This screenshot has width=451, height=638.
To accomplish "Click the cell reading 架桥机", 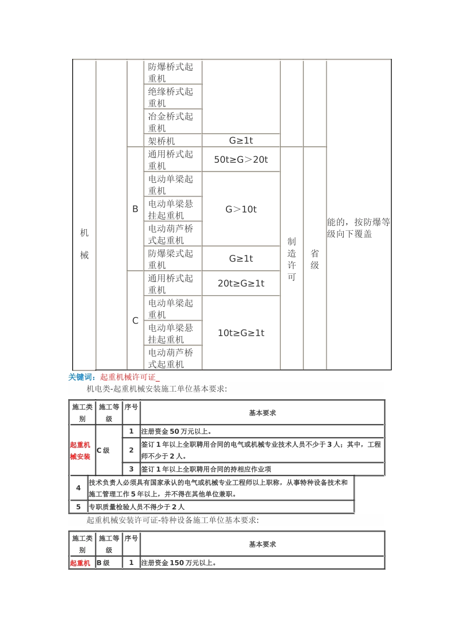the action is (x=161, y=141).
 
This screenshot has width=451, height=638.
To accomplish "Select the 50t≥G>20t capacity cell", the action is (x=241, y=159).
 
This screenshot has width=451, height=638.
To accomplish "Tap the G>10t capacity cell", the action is (x=241, y=209).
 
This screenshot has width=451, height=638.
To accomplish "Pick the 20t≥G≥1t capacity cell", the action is (x=241, y=283).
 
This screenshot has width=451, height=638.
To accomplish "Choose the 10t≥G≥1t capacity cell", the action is (x=241, y=333).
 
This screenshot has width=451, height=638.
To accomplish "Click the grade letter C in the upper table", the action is (x=135, y=321).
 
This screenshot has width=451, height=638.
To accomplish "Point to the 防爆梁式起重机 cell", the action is (x=170, y=259).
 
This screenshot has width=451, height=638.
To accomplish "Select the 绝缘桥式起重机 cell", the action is (x=170, y=97).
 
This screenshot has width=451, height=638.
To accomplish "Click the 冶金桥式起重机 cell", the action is (x=170, y=122).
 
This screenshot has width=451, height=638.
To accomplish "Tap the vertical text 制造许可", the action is (x=291, y=259).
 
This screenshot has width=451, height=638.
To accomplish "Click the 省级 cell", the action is (x=315, y=259).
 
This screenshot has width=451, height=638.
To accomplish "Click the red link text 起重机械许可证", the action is (x=128, y=377).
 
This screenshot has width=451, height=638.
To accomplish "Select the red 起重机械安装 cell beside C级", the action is (x=80, y=450).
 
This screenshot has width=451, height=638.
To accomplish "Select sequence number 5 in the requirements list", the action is (x=78, y=507).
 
